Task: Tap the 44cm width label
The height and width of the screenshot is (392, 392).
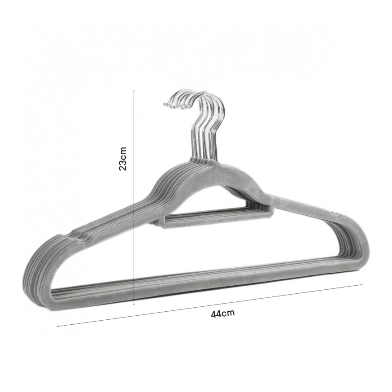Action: tap(223, 313)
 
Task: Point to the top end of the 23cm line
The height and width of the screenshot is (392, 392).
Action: tap(134, 91)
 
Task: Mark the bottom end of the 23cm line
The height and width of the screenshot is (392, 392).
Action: tap(134, 305)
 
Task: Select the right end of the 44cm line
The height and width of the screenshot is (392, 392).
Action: tap(362, 284)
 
